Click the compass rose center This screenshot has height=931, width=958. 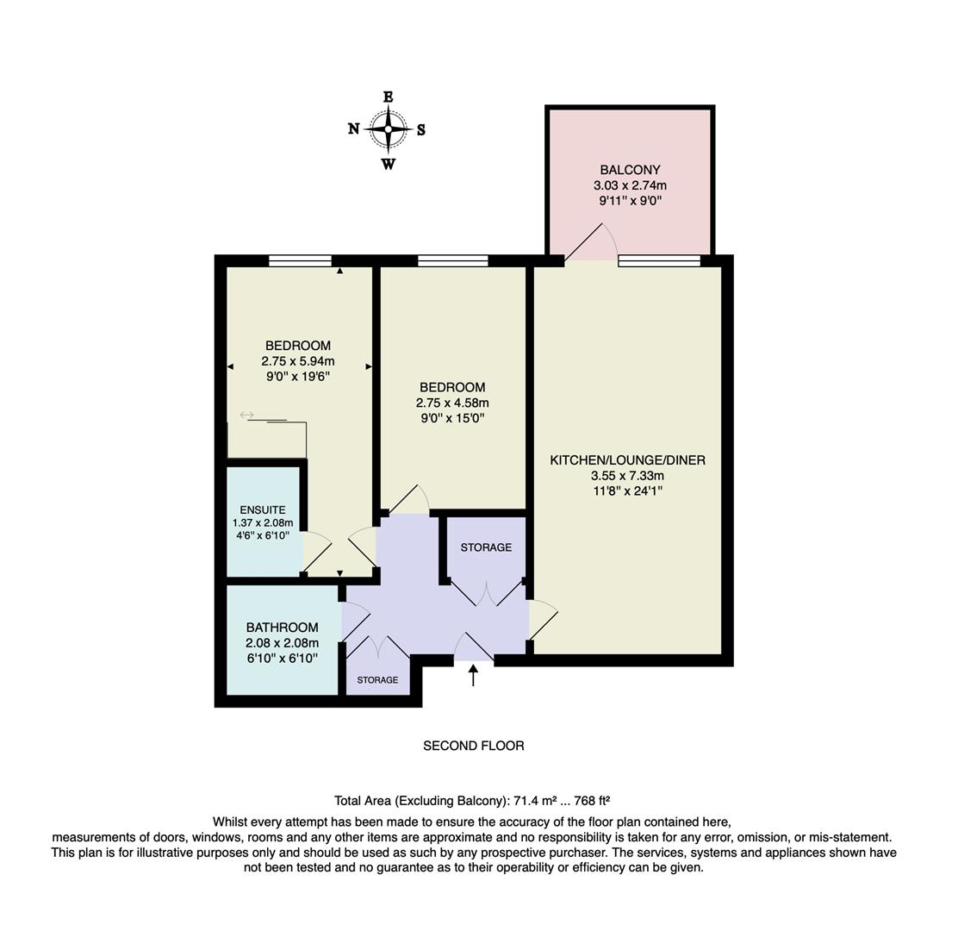pos(389,130)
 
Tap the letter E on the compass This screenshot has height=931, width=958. pos(388,97)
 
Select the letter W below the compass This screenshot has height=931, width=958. pos(389,164)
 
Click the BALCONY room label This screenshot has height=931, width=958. pos(630,170)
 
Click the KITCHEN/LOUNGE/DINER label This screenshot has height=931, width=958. pos(627,460)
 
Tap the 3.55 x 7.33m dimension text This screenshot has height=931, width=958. pos(627,476)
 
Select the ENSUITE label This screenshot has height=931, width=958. pos(263,510)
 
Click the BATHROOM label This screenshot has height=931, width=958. pos(282,628)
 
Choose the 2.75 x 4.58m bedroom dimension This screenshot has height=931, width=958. pos(452,403)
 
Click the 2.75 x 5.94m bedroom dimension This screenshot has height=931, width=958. pos(298,361)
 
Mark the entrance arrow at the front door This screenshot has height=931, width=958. pos(473,675)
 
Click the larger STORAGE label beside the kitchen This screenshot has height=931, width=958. pos(486,547)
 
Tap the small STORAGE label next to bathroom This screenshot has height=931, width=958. pos(377,680)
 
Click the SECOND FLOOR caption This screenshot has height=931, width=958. pos(473,746)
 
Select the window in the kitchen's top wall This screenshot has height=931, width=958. pos(659,260)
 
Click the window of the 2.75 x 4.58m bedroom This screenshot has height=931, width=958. pos(453,260)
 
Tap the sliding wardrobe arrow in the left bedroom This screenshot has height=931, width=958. pos(246,416)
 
